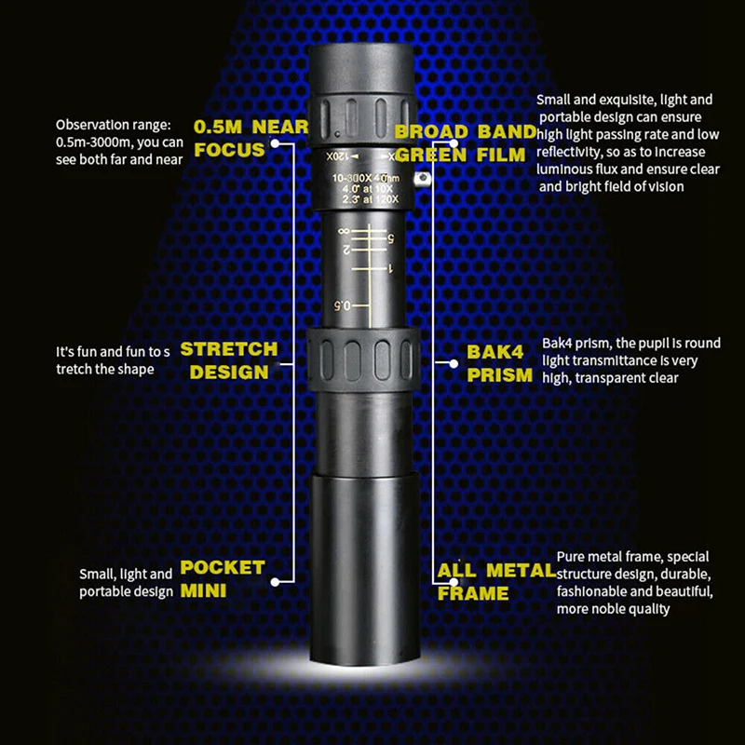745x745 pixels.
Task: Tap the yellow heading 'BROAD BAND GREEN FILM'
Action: coord(466,142)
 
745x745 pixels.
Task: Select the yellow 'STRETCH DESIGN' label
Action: coord(228,360)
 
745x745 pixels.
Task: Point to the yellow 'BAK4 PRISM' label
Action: coord(500,363)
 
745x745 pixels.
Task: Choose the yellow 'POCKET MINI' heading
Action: coord(223,577)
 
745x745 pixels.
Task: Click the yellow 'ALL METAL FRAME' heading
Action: coord(494,581)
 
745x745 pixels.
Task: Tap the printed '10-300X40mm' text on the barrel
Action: coord(367,177)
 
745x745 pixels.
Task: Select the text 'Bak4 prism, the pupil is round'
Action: coord(630,344)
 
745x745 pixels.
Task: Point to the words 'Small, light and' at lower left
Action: coord(126,575)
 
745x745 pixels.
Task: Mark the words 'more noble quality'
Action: coord(613,609)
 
